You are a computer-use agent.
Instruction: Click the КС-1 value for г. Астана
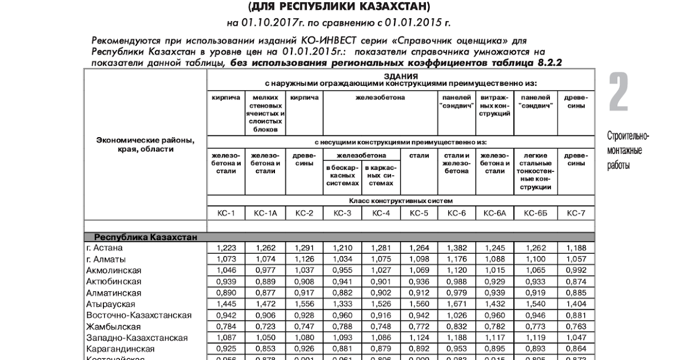pos(226,248)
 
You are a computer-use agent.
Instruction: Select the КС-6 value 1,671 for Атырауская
pos(457,304)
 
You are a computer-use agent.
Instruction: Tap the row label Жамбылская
pos(113,326)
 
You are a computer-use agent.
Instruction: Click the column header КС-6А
pos(494,213)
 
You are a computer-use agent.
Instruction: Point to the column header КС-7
pos(576,213)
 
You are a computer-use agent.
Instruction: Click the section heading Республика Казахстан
pos(145,237)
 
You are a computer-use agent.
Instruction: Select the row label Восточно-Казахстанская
pos(139,315)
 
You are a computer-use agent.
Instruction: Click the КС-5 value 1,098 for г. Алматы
pos(419,259)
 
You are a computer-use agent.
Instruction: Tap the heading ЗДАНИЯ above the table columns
pos(401,76)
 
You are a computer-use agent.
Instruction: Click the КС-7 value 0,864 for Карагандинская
pos(576,349)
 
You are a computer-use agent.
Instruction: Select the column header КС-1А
pos(265,213)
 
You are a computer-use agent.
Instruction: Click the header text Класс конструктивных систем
pos(401,201)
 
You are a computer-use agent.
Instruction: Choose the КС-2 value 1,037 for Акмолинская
pos(304,270)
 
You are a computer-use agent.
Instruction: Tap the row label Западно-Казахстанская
pos(137,338)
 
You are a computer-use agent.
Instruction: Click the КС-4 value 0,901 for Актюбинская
pos(381,282)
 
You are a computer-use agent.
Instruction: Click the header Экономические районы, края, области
pos(145,145)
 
